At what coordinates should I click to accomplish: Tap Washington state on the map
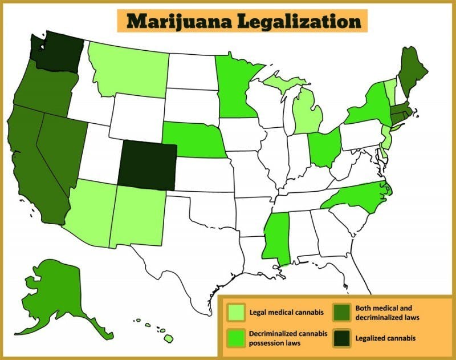[x=57, y=50]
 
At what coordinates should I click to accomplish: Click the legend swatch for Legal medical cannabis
[x=236, y=312]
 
